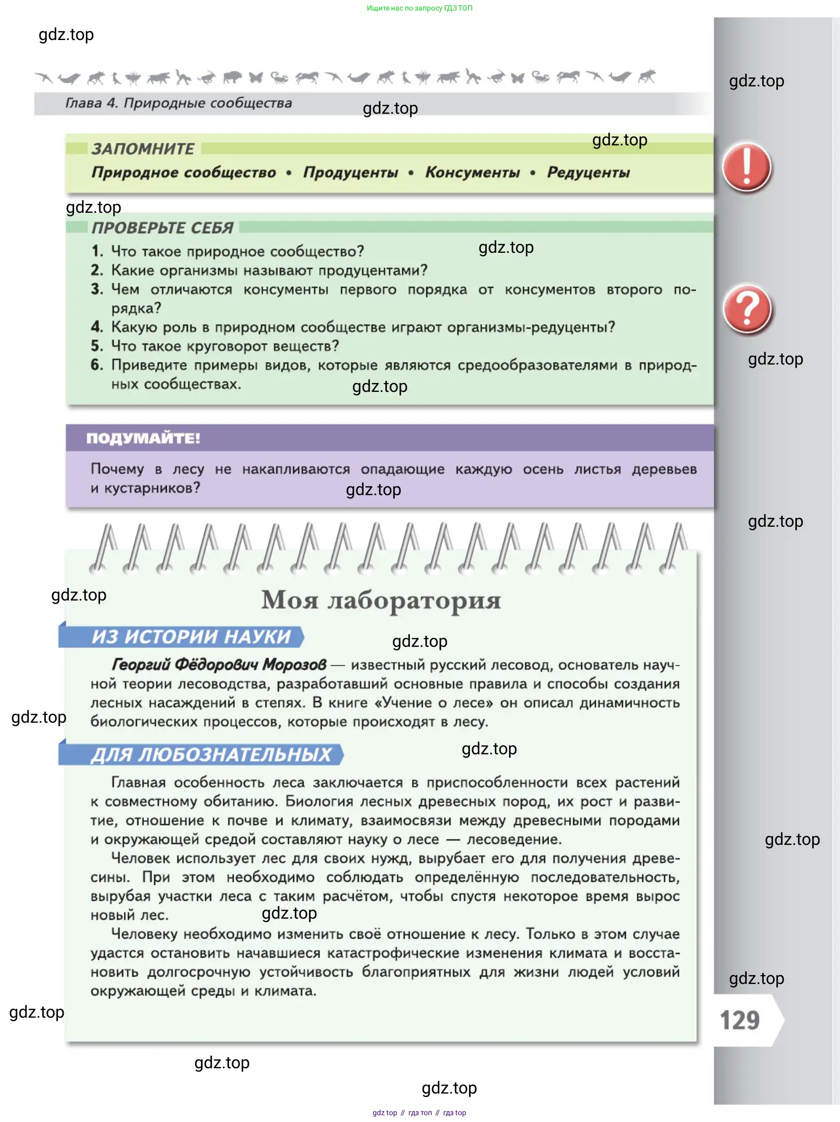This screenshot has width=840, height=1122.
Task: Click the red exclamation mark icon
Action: pos(746,168)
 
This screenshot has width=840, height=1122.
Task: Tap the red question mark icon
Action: pos(747,309)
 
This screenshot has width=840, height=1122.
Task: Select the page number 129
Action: pos(739,1020)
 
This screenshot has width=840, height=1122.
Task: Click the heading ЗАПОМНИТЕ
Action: pos(143,149)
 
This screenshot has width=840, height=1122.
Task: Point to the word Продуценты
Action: pos(351,173)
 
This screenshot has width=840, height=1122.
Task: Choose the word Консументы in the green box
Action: pos(472,173)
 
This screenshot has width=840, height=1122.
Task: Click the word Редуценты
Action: pos(588,173)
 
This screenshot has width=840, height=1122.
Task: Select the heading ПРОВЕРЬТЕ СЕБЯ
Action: pos(163,228)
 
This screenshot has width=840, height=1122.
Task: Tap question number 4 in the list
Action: pos(96,327)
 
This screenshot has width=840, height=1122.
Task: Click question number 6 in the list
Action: pos(96,365)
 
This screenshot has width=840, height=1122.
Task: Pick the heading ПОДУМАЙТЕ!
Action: pos(143,438)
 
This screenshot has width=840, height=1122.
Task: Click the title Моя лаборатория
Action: pos(381,600)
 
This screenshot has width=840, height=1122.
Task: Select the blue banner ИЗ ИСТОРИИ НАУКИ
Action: pos(191,637)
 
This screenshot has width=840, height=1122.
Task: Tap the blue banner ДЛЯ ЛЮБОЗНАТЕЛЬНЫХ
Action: pos(211,755)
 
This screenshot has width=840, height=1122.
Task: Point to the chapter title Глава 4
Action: pos(178,103)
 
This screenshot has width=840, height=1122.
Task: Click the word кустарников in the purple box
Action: pos(152,488)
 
